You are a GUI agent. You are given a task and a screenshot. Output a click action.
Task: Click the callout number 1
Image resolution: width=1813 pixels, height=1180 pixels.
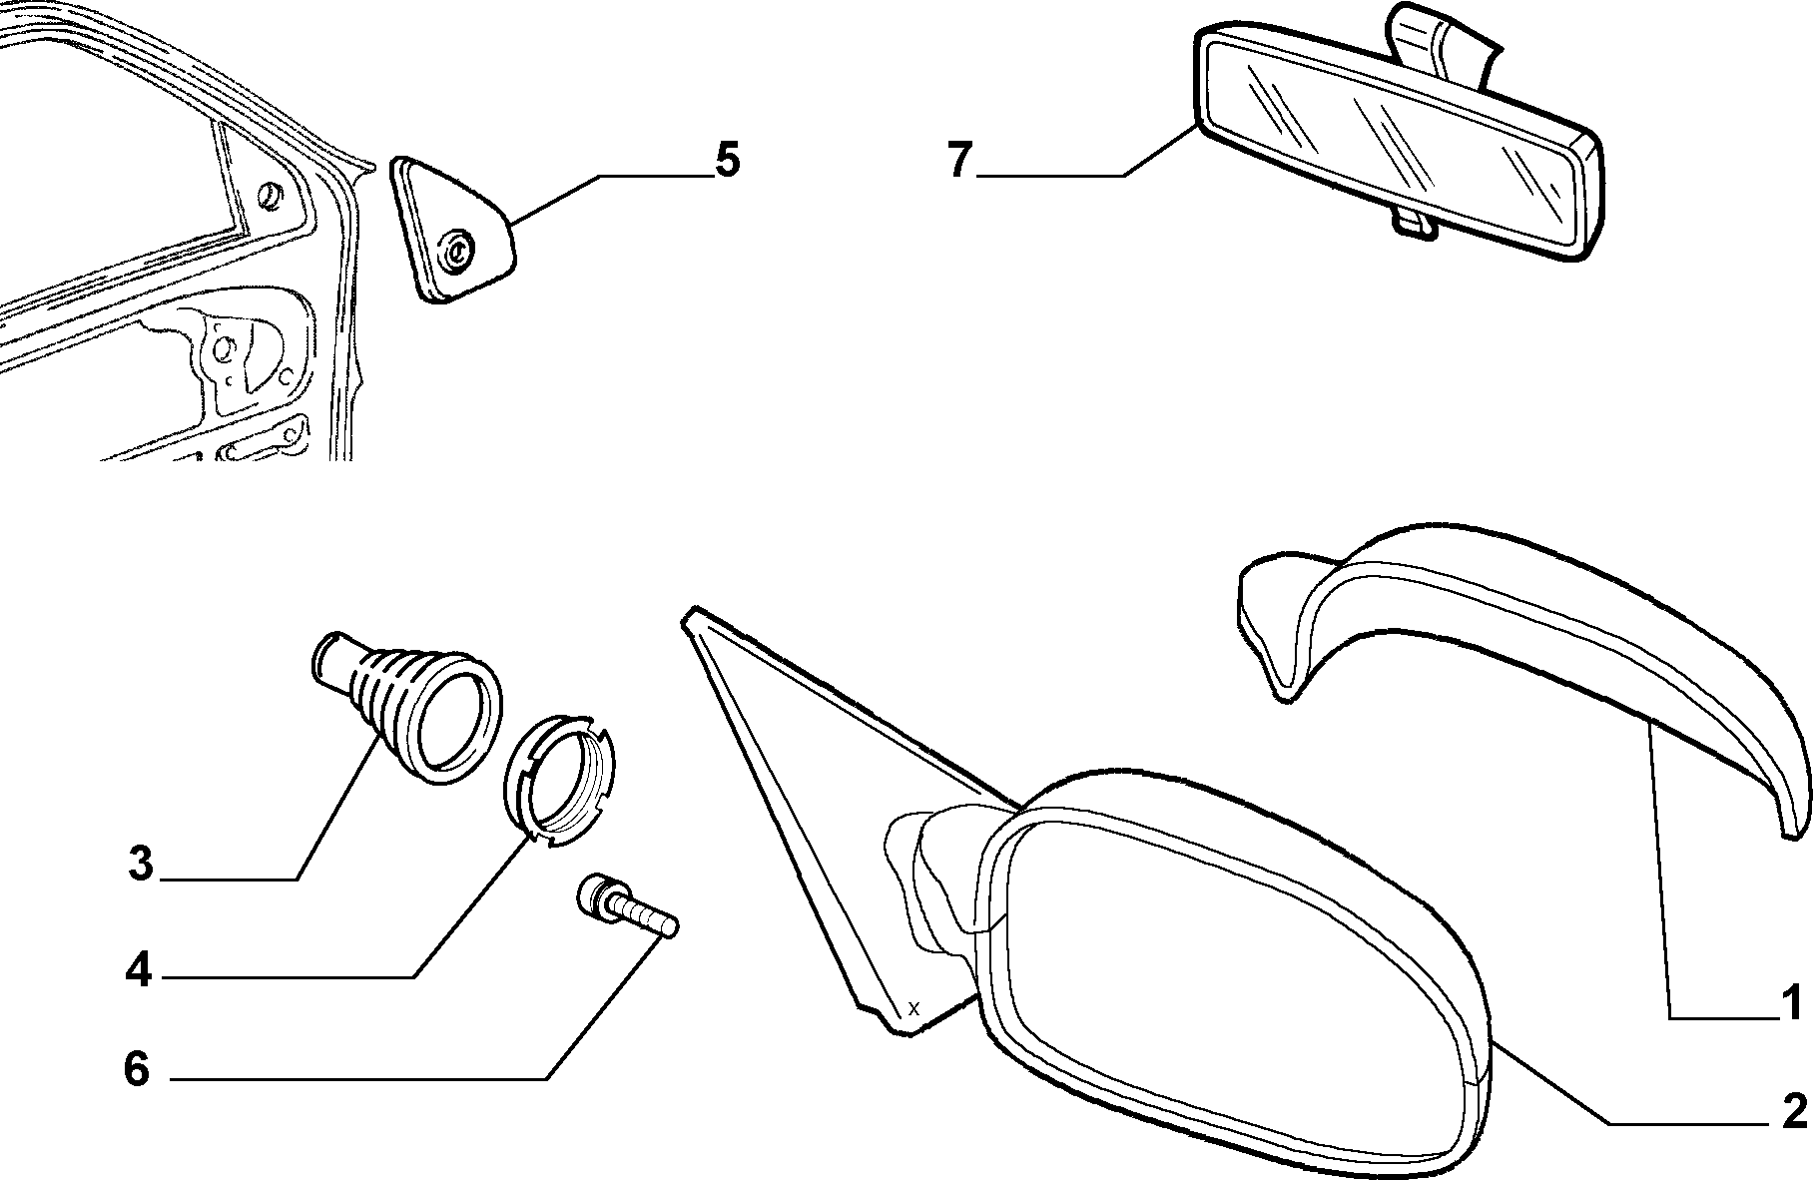[x=1792, y=1002]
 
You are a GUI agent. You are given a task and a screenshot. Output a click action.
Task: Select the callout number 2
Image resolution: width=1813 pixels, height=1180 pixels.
[x=1794, y=1111]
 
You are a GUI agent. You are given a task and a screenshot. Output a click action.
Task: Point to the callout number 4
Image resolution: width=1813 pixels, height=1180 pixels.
[x=139, y=968]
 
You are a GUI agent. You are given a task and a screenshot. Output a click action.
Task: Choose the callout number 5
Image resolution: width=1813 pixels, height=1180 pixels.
[x=727, y=160]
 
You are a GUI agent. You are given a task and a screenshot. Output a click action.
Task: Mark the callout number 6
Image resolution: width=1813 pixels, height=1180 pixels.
[x=137, y=1070]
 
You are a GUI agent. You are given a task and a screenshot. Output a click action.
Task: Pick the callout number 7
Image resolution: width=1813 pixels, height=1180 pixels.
[x=959, y=160]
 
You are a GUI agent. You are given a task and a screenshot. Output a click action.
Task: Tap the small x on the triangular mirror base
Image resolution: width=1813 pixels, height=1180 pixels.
[x=912, y=1006]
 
